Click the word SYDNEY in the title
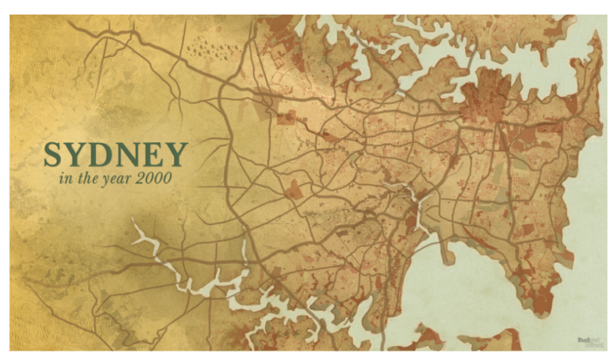[x=115, y=155]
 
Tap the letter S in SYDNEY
[x=53, y=155]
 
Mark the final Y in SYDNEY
[x=175, y=155]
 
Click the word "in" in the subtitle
[x=65, y=179]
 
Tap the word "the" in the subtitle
[x=85, y=179]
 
